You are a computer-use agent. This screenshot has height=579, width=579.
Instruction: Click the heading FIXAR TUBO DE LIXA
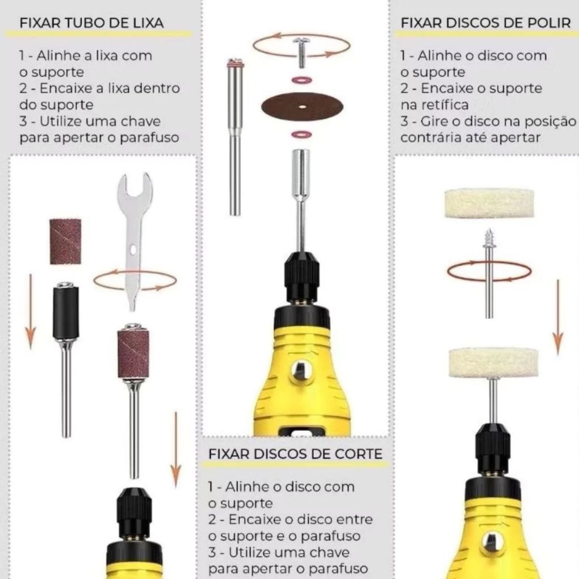(91, 23)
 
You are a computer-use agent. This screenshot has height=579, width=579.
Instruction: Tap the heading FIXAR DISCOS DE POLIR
(486, 23)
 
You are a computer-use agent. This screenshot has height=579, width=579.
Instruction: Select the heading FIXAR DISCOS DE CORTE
(295, 454)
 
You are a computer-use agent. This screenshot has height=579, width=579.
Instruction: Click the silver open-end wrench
(134, 236)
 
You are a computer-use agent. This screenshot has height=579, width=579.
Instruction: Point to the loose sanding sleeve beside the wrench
(66, 241)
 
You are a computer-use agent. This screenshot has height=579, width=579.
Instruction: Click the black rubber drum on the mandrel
(66, 312)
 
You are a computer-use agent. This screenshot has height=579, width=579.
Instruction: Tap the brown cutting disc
(302, 107)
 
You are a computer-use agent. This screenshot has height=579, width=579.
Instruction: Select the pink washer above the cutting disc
(302, 80)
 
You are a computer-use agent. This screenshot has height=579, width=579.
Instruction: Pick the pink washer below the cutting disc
(301, 135)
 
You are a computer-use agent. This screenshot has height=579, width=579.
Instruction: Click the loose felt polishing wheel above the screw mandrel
(489, 204)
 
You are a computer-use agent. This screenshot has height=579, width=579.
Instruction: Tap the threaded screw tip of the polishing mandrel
(489, 238)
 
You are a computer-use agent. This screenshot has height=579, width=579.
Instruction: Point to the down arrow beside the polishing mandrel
(558, 318)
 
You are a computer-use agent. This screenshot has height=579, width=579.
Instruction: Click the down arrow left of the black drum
(31, 312)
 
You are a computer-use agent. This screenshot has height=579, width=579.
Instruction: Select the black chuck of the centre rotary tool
(302, 276)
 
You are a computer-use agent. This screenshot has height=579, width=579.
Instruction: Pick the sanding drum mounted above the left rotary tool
(133, 349)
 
